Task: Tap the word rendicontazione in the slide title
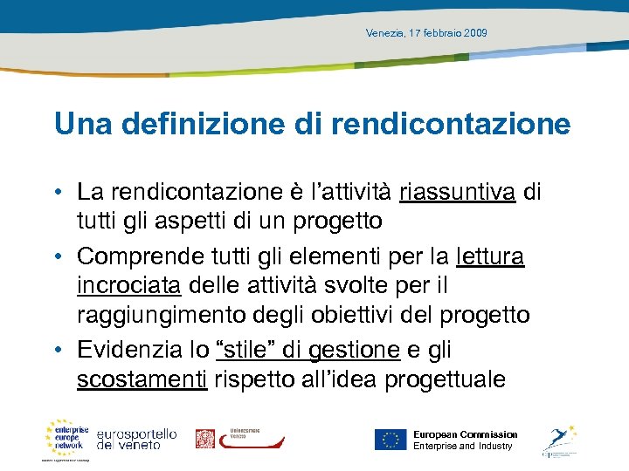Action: pyautogui.click(x=450, y=124)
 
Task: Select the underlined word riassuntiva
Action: pyautogui.click(x=457, y=191)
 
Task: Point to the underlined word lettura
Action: pyautogui.click(x=490, y=257)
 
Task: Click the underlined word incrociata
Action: pyautogui.click(x=128, y=286)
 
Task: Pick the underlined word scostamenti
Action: pyautogui.click(x=142, y=380)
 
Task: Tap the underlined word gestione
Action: pyautogui.click(x=354, y=350)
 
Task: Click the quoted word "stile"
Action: pyautogui.click(x=247, y=350)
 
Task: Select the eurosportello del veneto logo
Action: pyautogui.click(x=137, y=439)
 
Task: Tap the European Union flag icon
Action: pyautogui.click(x=391, y=439)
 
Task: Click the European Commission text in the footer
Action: pyautogui.click(x=465, y=434)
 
